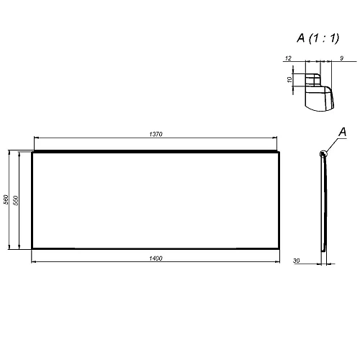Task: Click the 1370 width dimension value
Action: (156, 135)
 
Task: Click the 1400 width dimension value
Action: (156, 257)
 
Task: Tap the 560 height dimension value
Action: (6, 200)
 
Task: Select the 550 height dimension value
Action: (17, 200)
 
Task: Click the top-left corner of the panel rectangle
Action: (32, 153)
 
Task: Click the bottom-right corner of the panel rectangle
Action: (280, 248)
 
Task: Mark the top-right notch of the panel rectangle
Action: (279, 152)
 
